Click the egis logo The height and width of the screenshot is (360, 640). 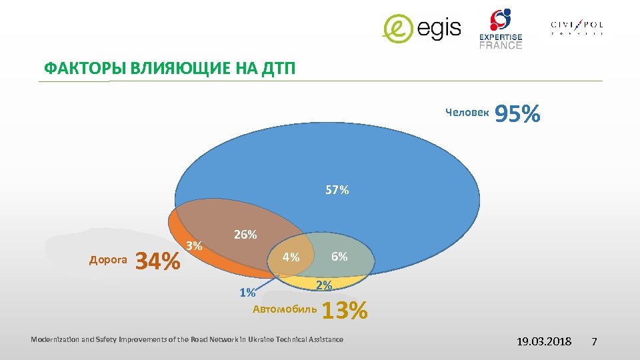coord(421,29)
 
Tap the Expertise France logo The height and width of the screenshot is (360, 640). coord(501,29)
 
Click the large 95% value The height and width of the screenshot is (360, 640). coord(517,114)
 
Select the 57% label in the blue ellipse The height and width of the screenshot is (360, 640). coord(337,191)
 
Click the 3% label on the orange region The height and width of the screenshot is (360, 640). coord(194,245)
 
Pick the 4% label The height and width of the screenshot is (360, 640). coord(291,257)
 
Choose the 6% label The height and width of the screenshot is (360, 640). coord(339,256)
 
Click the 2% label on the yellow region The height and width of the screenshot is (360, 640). coord(324,285)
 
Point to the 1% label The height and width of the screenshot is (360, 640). coord(247,293)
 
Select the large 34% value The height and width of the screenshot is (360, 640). coord(157,261)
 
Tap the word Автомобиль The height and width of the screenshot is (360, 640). coord(285,309)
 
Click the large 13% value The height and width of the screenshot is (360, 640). coord(345,311)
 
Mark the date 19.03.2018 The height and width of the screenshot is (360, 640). coord(544,341)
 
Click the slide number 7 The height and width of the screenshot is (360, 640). coord(595,341)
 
